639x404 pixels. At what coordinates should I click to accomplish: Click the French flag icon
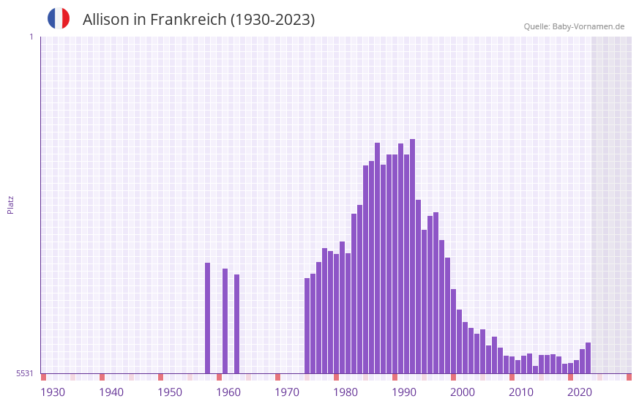point(59,18)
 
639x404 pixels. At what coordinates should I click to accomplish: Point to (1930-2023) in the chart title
point(272,20)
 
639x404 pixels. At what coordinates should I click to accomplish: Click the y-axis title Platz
point(10,204)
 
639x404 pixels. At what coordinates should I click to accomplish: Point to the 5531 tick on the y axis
point(25,373)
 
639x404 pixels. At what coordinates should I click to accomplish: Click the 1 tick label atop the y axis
point(31,37)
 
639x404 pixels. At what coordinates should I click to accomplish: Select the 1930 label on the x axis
point(53,392)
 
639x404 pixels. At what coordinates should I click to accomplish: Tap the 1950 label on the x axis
point(170,392)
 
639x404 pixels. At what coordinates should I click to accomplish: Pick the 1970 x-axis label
point(287,392)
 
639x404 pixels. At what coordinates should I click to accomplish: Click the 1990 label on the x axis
point(404,392)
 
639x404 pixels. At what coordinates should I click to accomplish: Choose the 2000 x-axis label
point(463,392)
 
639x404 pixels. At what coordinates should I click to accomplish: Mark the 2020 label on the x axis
point(580,392)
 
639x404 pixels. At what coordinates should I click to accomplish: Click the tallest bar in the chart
point(413,256)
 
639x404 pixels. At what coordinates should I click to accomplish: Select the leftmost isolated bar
point(208,318)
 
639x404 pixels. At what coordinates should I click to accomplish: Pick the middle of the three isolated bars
point(225,321)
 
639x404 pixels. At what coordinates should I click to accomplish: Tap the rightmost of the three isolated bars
point(237,324)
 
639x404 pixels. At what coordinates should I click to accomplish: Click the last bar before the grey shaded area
point(588,358)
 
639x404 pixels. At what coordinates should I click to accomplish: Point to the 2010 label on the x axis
point(521,392)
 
